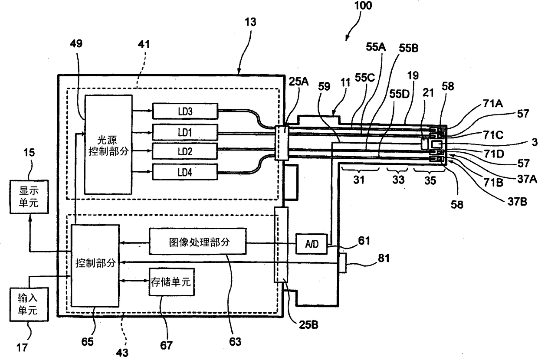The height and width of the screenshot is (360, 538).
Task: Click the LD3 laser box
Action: click(185, 111)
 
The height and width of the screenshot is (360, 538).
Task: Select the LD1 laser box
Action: click(185, 132)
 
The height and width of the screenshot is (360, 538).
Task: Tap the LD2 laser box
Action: click(185, 151)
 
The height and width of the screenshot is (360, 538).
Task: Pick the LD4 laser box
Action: click(185, 172)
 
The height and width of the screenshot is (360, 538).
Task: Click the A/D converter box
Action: click(312, 244)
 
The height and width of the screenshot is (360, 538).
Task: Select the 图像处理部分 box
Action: click(198, 241)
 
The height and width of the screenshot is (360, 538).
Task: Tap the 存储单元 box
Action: click(171, 281)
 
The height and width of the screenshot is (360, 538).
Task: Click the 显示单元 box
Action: click(29, 196)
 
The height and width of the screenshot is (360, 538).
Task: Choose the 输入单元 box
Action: click(29, 304)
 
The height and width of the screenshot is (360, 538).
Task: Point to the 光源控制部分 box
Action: click(108, 144)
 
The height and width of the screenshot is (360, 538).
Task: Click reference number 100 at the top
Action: click(363, 6)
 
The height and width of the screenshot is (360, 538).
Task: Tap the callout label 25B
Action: click(308, 325)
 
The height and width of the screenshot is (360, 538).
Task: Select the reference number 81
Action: click(384, 258)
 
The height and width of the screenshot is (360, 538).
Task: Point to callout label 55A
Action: click(376, 47)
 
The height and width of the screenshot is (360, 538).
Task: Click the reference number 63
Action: click(235, 341)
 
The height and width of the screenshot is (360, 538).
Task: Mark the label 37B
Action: click(517, 202)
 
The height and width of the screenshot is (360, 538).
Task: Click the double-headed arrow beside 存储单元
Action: click(134, 280)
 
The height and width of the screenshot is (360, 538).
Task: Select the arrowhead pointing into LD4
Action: click(150, 171)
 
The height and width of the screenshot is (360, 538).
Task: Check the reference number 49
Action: click(76, 44)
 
